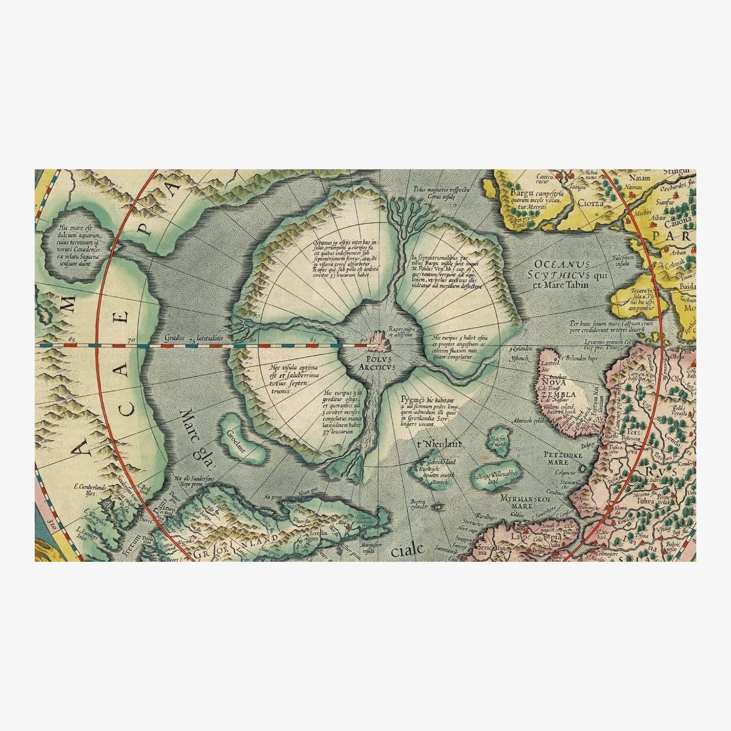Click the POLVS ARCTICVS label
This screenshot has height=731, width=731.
[377, 363]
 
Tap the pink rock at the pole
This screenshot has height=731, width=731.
[382, 341]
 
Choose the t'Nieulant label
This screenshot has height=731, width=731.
[439, 444]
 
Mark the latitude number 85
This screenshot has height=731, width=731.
[313, 340]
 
